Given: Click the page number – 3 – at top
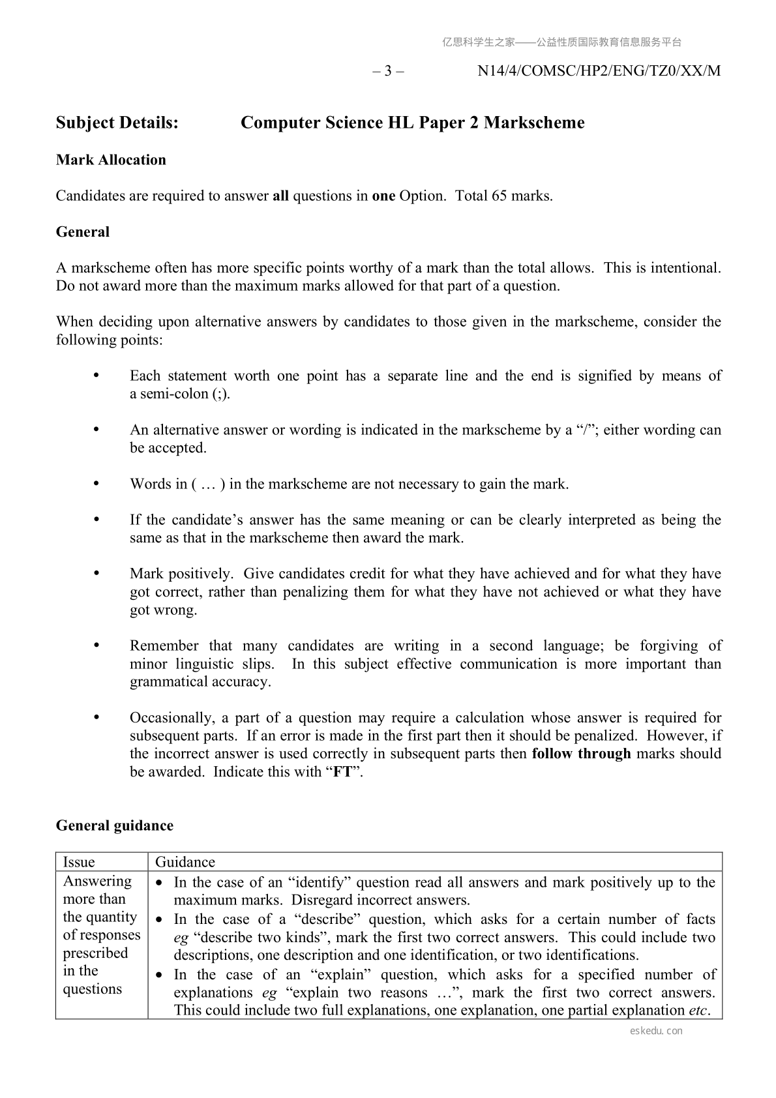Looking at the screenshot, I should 388,71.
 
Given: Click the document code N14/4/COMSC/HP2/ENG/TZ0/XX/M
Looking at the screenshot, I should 599,71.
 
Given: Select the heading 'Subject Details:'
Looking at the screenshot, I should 117,123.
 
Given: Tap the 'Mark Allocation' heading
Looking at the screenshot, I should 111,160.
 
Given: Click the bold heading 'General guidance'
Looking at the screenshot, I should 115,825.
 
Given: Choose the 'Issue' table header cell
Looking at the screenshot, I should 79,862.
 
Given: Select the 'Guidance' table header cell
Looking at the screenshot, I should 185,862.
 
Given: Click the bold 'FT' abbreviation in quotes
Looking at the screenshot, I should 342,772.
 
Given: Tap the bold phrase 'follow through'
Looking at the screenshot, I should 581,754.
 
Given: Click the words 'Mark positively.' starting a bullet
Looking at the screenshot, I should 181,574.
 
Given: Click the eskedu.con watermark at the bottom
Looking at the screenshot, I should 657,1031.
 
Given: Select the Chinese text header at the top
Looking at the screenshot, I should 561,42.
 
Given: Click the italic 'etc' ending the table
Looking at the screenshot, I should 698,1011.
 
